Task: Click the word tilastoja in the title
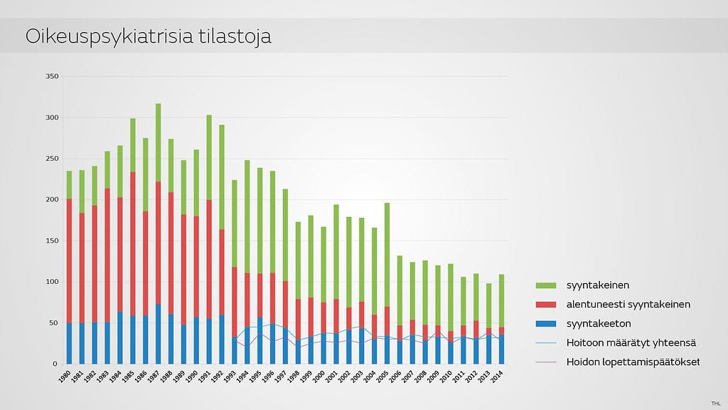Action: [x=237, y=36]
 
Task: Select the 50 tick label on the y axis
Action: [x=54, y=323]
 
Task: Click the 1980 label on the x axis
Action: [x=65, y=376]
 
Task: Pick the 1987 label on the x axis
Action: [x=154, y=376]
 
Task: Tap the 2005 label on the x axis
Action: [x=383, y=376]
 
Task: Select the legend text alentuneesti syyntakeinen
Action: [x=628, y=305]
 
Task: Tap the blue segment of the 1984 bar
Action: [x=120, y=338]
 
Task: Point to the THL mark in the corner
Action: [x=715, y=404]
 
